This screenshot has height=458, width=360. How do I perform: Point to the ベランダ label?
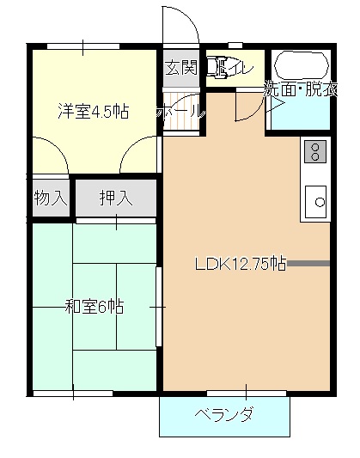pos(224,416)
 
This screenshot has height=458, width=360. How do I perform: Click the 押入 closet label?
pos(115,198)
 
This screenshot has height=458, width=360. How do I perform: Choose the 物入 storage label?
pos(50,198)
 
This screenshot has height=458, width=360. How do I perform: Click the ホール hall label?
pos(181,111)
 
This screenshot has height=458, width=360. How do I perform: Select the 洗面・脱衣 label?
pos(300,89)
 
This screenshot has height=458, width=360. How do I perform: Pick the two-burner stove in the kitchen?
pos(314,152)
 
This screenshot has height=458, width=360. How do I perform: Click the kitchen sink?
pos(315,202)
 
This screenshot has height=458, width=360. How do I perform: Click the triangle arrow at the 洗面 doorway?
pos(276,104)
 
